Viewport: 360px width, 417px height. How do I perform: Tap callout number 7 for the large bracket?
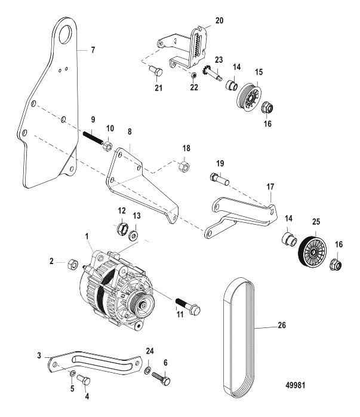(x=93, y=50)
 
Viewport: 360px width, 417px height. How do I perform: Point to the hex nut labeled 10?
(x=111, y=147)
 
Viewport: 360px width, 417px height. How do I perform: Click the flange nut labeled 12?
(x=123, y=228)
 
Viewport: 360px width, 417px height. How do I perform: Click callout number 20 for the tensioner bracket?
(x=219, y=20)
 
